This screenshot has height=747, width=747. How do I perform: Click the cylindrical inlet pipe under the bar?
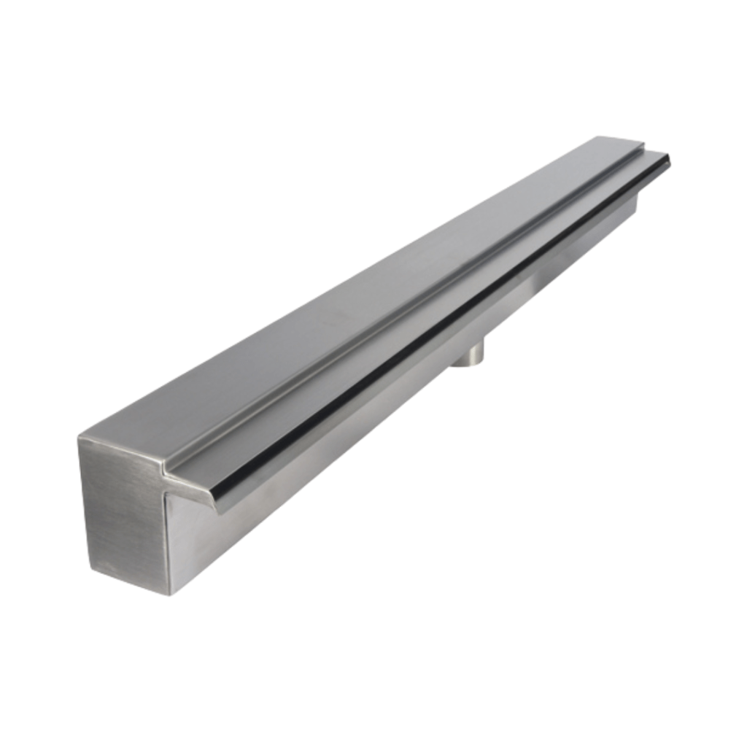tap(467, 355)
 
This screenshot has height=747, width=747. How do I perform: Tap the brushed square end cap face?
tap(123, 511)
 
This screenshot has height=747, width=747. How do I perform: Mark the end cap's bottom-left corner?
tap(90, 570)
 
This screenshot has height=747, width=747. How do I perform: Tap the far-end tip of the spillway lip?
tap(669, 156)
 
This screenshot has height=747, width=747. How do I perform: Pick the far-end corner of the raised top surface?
tap(642, 142)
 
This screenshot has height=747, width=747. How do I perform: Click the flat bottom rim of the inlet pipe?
tap(466, 363)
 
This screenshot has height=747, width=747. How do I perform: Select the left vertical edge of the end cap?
tap(84, 503)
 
